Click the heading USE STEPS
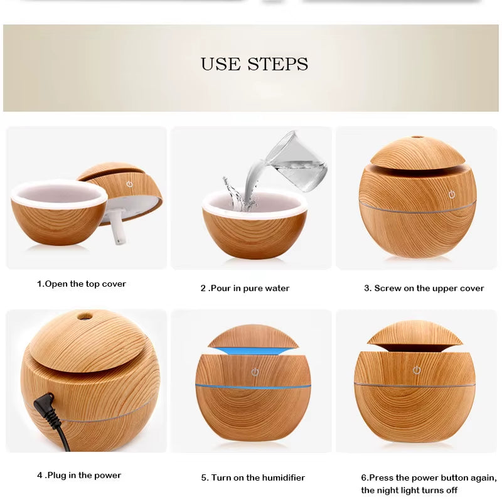[254, 64]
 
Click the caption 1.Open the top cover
[81, 284]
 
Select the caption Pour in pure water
[245, 289]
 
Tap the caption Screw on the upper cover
[424, 289]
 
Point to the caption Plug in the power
[79, 476]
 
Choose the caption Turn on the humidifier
[253, 478]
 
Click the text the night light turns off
[409, 490]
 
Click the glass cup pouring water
[297, 162]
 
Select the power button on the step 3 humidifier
[451, 195]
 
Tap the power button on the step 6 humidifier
[416, 370]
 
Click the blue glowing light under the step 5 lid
[253, 348]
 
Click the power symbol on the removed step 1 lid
[129, 184]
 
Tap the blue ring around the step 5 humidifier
[253, 385]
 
